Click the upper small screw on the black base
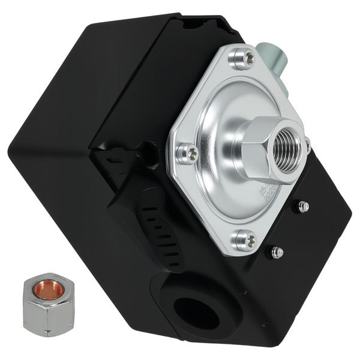pos(304,206)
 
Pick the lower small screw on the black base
pos(277,252)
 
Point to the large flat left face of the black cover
pos(60,150)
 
